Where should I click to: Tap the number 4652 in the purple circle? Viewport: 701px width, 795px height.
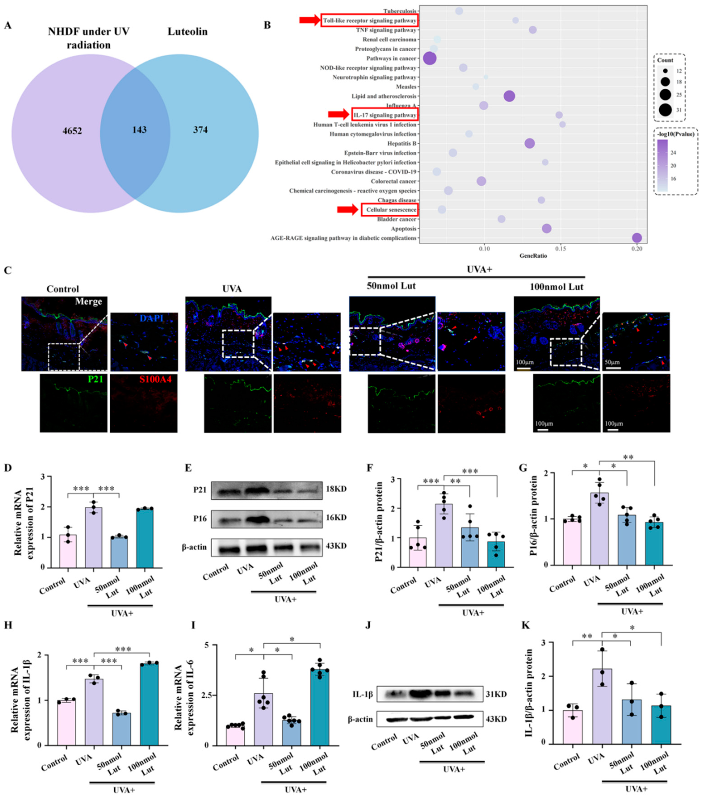[72, 131]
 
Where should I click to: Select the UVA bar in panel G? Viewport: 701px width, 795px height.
[599, 529]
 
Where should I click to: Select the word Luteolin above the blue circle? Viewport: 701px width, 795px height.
[187, 31]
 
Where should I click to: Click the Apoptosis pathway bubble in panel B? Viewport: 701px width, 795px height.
[547, 229]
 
